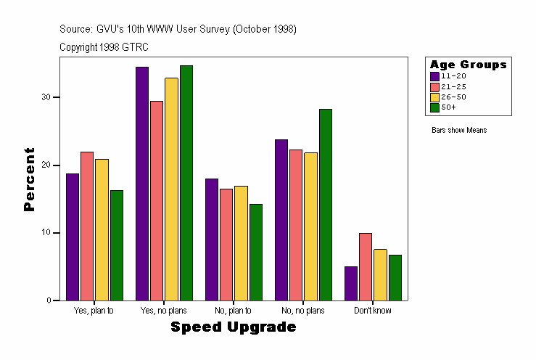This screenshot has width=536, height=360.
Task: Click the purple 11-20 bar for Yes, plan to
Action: [x=73, y=237]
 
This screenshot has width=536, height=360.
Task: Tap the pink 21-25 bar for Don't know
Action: [x=366, y=266]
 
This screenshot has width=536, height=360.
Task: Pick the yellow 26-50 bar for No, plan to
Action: [x=241, y=243]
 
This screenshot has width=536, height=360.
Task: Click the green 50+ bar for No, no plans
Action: [x=325, y=205]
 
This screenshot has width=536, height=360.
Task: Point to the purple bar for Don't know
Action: [x=351, y=283]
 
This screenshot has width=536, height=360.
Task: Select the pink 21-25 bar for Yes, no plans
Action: [x=157, y=200]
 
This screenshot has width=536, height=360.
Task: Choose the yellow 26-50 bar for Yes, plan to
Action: [x=102, y=229]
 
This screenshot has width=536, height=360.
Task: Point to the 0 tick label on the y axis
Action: [x=48, y=300]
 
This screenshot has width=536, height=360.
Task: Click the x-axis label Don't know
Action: [x=373, y=311]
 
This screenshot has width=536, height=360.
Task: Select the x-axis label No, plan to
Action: [x=234, y=311]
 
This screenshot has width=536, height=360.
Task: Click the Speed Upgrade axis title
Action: [x=234, y=327]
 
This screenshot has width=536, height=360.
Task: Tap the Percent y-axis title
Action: [x=29, y=179]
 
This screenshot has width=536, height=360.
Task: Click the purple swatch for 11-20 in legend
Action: [x=434, y=76]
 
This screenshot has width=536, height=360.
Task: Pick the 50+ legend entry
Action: [x=448, y=107]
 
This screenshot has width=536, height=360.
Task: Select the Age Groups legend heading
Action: [x=468, y=65]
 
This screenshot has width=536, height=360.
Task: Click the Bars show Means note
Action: [x=459, y=131]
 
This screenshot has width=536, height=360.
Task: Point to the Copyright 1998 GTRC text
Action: [x=104, y=47]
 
